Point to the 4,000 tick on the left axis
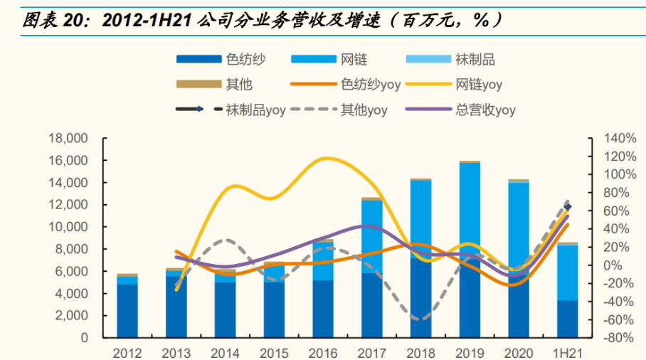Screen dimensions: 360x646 [x=70, y=294]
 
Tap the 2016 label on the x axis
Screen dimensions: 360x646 [x=324, y=352]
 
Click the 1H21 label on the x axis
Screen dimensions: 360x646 [x=568, y=352]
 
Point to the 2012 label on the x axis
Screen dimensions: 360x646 [x=127, y=352]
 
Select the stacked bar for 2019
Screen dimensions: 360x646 [x=470, y=249]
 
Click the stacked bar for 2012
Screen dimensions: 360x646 [x=127, y=306]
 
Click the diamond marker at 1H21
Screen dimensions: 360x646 [x=568, y=208]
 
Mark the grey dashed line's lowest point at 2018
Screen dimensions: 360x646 [x=420, y=319]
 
